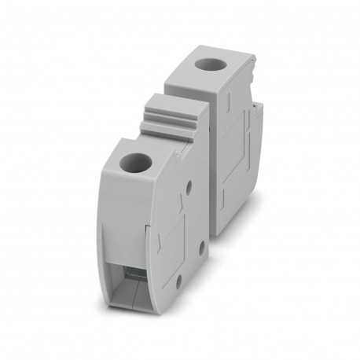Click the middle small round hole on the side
(202, 245)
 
